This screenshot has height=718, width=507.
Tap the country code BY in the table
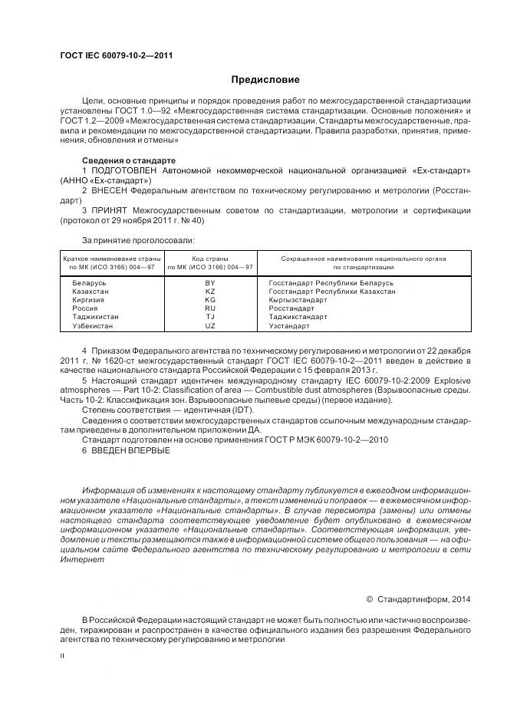[x=209, y=283]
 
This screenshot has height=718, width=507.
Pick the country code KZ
[x=209, y=291]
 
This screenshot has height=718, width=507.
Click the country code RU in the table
[x=209, y=308]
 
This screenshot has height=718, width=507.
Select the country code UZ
[x=209, y=325]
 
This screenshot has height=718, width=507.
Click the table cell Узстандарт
[x=289, y=325]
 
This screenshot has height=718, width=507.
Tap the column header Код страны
[x=209, y=259]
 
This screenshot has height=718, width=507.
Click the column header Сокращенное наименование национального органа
[x=364, y=259]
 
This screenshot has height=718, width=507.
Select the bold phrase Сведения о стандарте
[x=123, y=160]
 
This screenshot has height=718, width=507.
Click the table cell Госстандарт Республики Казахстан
[x=332, y=291]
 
